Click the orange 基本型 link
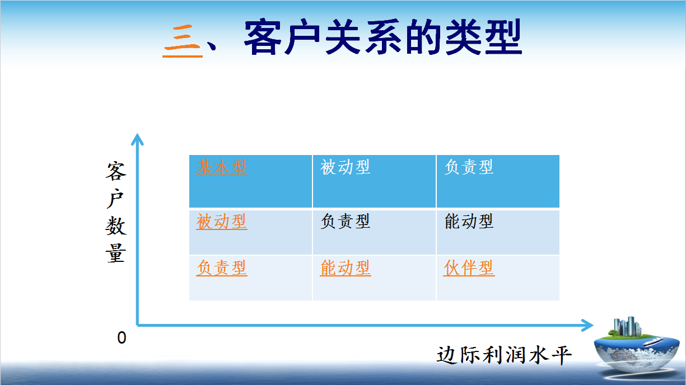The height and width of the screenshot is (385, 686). click(x=221, y=167)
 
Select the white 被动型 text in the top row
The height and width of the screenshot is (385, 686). click(x=346, y=167)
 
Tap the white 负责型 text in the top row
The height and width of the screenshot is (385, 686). click(x=469, y=167)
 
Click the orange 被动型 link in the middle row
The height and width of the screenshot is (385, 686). click(x=222, y=222)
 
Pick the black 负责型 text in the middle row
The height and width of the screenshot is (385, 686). click(x=346, y=221)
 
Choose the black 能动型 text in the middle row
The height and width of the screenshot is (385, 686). click(x=469, y=221)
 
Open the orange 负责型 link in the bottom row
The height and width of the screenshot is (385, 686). click(x=222, y=268)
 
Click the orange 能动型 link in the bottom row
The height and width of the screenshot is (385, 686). click(x=346, y=268)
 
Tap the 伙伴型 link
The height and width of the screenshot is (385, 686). click(x=469, y=268)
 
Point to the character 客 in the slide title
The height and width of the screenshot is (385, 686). click(x=263, y=37)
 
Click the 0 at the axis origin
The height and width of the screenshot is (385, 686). click(x=122, y=338)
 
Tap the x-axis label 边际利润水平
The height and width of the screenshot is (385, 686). click(x=504, y=355)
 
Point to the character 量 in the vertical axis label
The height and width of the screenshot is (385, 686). click(x=116, y=253)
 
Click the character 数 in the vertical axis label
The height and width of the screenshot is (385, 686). click(x=116, y=226)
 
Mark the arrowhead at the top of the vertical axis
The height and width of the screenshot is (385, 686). click(x=138, y=139)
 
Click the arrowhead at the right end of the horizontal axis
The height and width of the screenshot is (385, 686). click(x=587, y=325)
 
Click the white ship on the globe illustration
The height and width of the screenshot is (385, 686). click(x=653, y=341)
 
